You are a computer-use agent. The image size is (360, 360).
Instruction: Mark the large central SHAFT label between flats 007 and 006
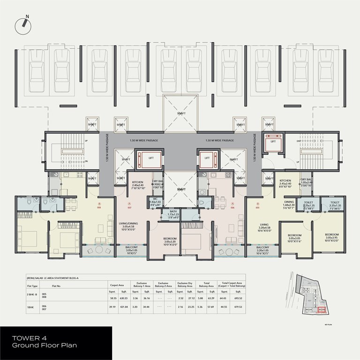point(180,190)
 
